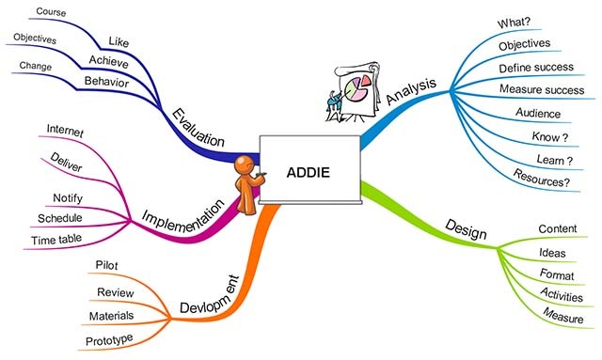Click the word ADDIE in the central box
(x=308, y=172)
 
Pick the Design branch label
(x=464, y=228)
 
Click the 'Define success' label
(x=535, y=68)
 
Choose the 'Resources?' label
(x=541, y=176)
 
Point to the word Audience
(x=537, y=114)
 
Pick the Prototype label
(x=108, y=337)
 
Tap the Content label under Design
(x=557, y=228)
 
